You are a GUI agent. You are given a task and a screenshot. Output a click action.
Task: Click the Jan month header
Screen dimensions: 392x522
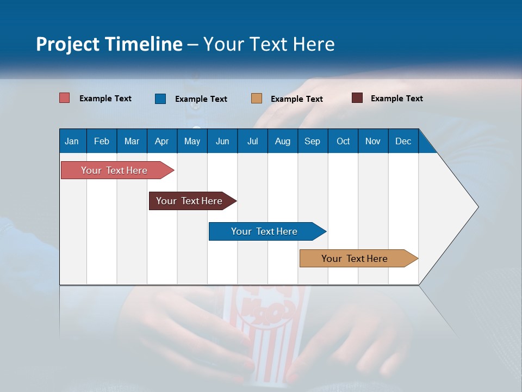coord(72,141)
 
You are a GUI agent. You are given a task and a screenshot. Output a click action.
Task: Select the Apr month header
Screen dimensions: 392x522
coord(161,141)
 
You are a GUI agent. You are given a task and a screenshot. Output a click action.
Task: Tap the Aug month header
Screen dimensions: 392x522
coord(282,141)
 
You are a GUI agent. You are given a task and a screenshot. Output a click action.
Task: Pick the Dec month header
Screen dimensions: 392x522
coord(403,141)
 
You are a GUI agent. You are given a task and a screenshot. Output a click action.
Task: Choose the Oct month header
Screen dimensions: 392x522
coord(343,141)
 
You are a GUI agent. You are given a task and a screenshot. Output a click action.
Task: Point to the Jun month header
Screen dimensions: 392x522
coord(222,141)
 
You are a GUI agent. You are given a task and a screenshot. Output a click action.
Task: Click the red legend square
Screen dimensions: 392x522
coord(65,98)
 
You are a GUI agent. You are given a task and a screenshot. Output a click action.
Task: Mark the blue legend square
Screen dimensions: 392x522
coord(160,99)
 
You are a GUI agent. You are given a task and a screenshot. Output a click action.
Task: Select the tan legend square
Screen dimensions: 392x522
coord(257,99)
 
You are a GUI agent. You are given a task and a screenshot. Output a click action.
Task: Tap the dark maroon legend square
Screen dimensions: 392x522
coord(357,98)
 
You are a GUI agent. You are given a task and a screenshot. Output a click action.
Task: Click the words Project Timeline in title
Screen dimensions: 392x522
coord(109,44)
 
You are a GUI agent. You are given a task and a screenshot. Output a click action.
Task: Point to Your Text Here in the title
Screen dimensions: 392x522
coord(269,44)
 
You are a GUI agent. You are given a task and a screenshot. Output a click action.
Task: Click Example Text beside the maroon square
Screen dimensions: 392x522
coord(396,98)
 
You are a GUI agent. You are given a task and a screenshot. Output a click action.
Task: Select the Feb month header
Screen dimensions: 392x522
coord(102,141)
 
